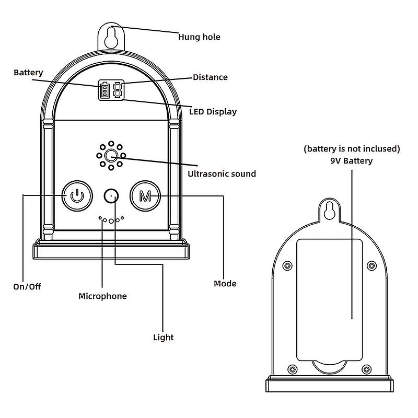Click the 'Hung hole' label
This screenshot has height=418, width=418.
point(199,37)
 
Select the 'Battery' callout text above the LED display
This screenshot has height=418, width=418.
point(28,73)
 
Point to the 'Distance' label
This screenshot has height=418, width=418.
point(210,77)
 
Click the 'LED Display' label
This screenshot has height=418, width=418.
point(213,111)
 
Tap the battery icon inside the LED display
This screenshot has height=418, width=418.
point(103,91)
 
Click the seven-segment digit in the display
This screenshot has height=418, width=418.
point(117,91)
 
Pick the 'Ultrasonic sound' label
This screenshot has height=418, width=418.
point(221,173)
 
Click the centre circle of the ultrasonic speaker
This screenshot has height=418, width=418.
point(110,155)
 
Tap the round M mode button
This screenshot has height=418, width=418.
point(145,196)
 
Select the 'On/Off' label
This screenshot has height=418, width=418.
point(27,286)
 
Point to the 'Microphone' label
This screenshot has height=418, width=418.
point(102,296)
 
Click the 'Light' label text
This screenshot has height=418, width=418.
point(163,338)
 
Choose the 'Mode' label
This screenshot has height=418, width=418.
point(225,284)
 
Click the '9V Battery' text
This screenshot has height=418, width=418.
point(351,161)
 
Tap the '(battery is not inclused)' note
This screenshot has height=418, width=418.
point(352,149)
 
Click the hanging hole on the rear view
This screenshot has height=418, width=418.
point(329,210)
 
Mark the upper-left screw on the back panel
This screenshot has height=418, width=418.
point(287,265)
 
